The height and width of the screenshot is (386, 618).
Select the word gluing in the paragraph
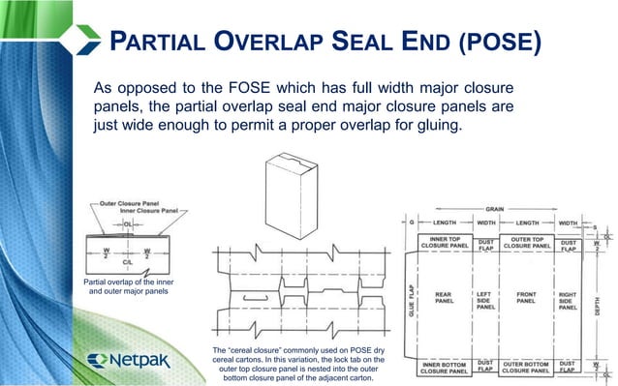point(479,125)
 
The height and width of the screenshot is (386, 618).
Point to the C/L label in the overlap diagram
point(127,261)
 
